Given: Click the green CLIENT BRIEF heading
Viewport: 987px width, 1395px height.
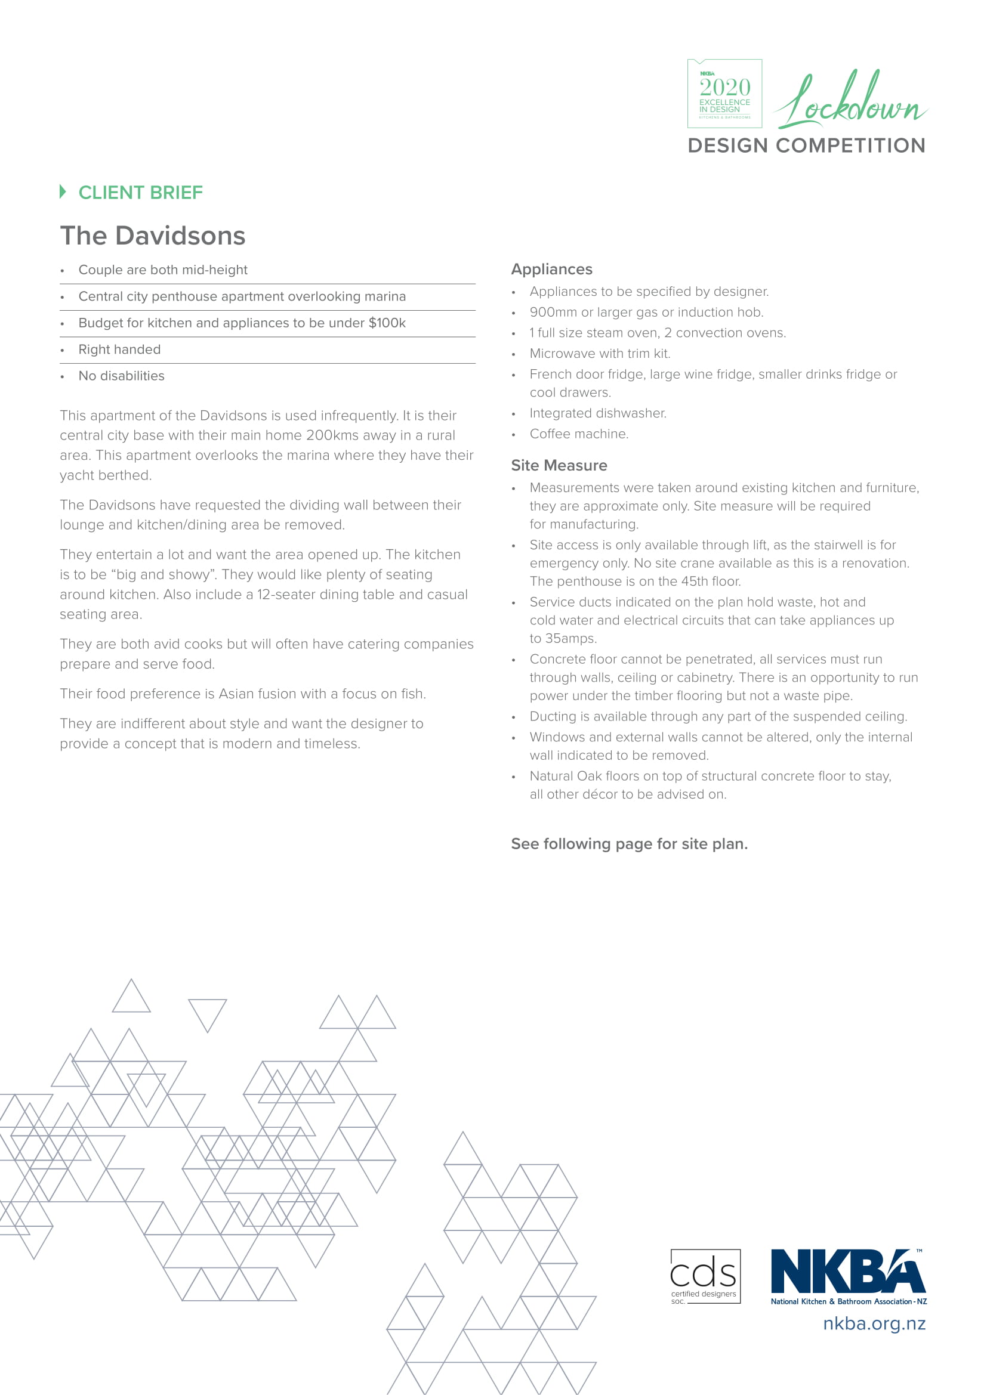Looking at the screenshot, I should pyautogui.click(x=140, y=193).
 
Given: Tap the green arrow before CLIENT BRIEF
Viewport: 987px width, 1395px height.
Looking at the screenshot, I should pyautogui.click(x=63, y=191).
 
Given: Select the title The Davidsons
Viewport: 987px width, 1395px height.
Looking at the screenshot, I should pyautogui.click(x=153, y=236).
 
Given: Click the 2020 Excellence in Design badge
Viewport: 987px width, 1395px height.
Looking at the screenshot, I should pyautogui.click(x=724, y=94).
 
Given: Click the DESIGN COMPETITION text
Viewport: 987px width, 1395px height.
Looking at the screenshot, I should pyautogui.click(x=807, y=146).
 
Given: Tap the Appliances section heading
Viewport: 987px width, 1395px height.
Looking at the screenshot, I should pyautogui.click(x=552, y=269).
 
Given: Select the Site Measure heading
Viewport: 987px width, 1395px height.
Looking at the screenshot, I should pyautogui.click(x=559, y=465).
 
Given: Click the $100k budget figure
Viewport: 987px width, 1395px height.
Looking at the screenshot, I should pyautogui.click(x=387, y=323).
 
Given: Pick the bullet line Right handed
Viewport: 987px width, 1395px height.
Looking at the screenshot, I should pyautogui.click(x=120, y=349).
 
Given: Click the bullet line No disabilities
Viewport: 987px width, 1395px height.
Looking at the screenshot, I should pyautogui.click(x=122, y=376).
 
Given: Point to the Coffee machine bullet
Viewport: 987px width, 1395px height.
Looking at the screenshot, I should pyautogui.click(x=579, y=434).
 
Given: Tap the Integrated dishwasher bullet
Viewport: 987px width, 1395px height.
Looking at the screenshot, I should pyautogui.click(x=598, y=413).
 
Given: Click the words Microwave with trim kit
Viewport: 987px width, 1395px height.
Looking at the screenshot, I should pyautogui.click(x=600, y=354).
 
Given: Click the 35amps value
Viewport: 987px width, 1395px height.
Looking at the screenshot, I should pyautogui.click(x=563, y=639).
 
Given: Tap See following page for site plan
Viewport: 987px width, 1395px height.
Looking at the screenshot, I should pyautogui.click(x=629, y=844).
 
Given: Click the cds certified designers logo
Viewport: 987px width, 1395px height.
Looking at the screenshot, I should pyautogui.click(x=705, y=1276).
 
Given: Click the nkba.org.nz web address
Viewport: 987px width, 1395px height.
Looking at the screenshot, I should pyautogui.click(x=874, y=1323).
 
